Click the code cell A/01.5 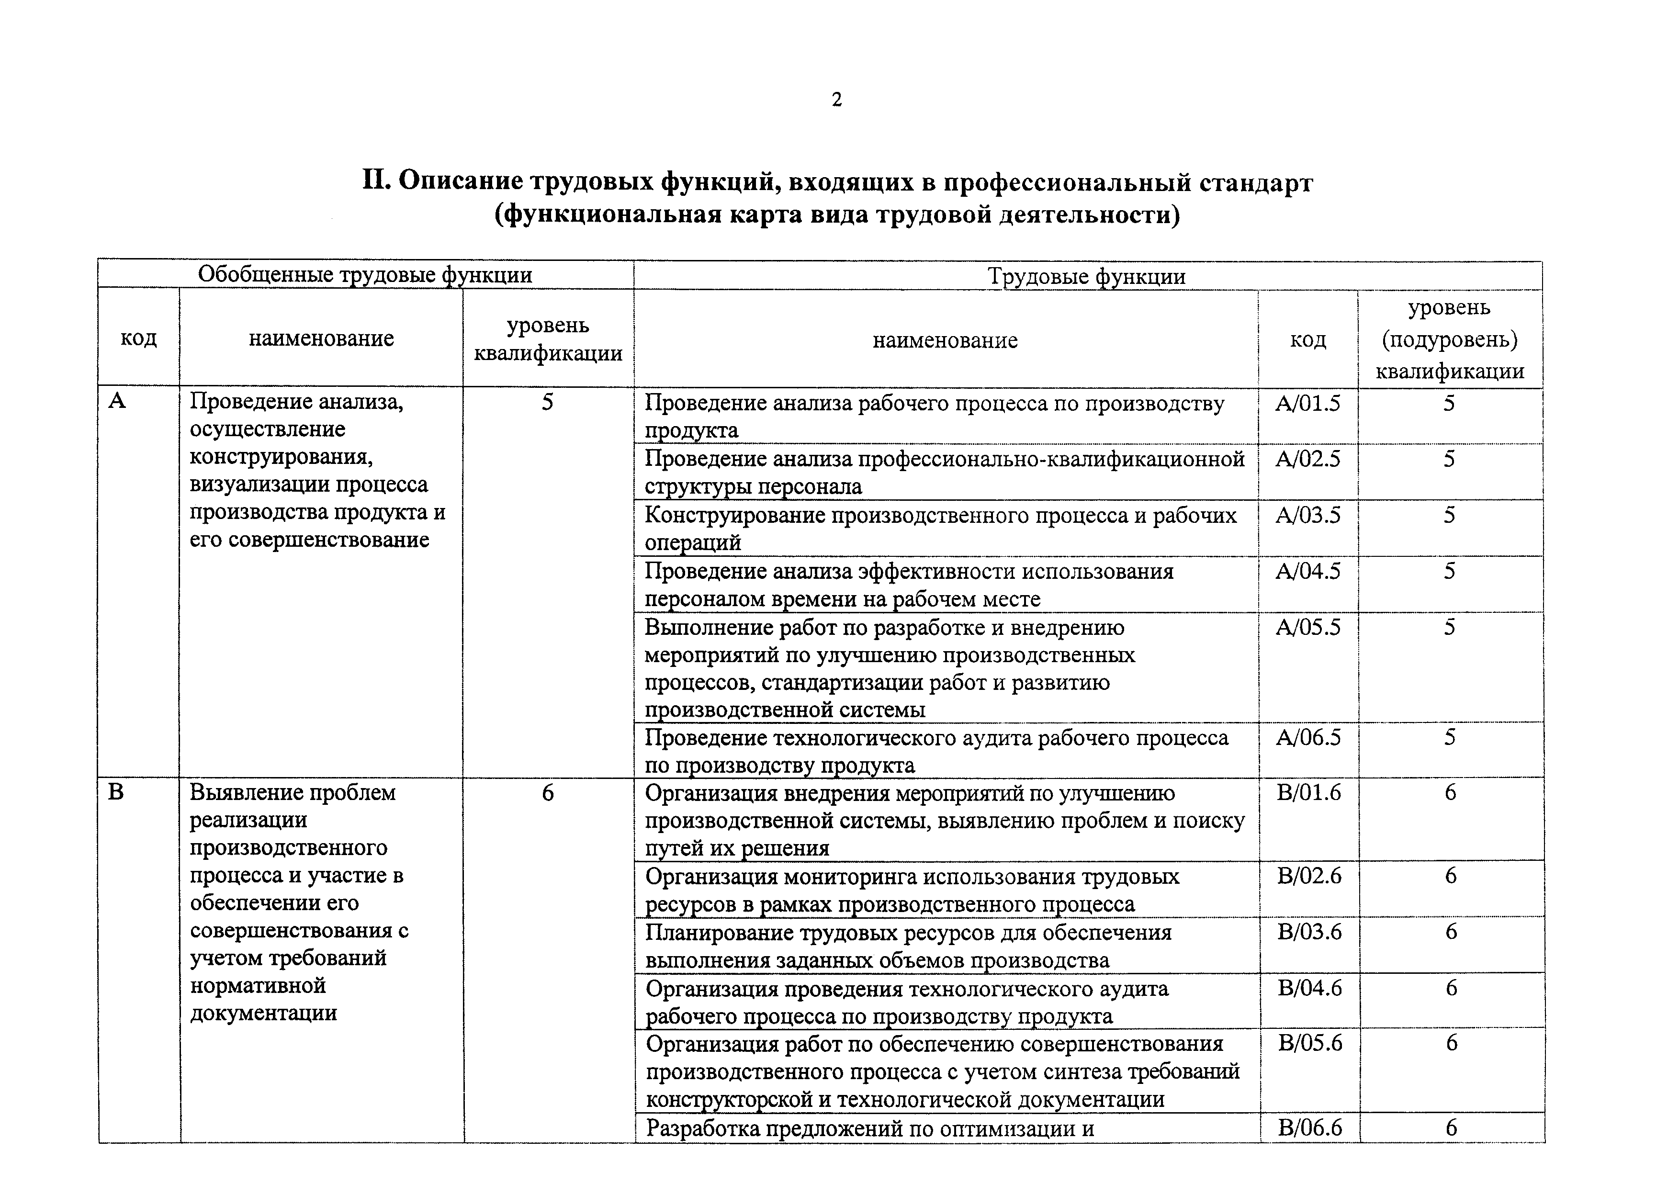1307,403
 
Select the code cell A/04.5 1307,571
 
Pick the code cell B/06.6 1310,1127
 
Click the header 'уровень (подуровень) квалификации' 1450,339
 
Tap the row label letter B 116,792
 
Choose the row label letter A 116,401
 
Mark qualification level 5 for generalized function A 547,403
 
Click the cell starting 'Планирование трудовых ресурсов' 909,946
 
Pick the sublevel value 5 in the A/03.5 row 1449,515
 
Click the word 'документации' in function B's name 263,1013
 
